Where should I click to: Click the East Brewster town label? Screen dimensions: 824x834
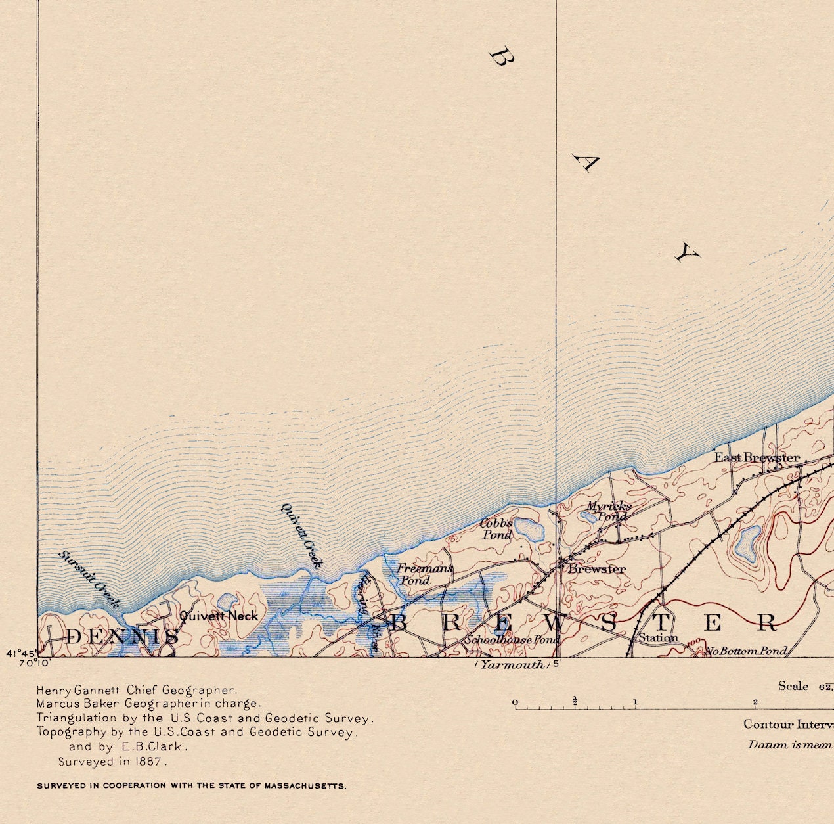pyautogui.click(x=757, y=457)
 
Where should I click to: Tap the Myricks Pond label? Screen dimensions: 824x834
pyautogui.click(x=609, y=511)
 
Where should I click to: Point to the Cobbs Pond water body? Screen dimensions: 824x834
pyautogui.click(x=529, y=528)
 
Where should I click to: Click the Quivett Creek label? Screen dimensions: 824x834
pyautogui.click(x=302, y=535)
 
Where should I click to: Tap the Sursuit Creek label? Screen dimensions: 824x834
pyautogui.click(x=90, y=578)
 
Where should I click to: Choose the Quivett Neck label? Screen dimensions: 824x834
pyautogui.click(x=219, y=616)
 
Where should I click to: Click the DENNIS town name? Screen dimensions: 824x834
pyautogui.click(x=122, y=636)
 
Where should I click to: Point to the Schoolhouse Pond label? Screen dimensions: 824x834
pyautogui.click(x=512, y=639)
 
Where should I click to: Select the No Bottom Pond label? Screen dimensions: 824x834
pyautogui.click(x=747, y=651)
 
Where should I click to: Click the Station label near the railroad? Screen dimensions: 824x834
pyautogui.click(x=658, y=637)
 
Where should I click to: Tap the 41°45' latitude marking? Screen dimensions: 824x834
pyautogui.click(x=20, y=653)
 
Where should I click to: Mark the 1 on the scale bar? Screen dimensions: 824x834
pyautogui.click(x=635, y=702)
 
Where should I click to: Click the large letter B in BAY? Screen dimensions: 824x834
pyautogui.click(x=502, y=57)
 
